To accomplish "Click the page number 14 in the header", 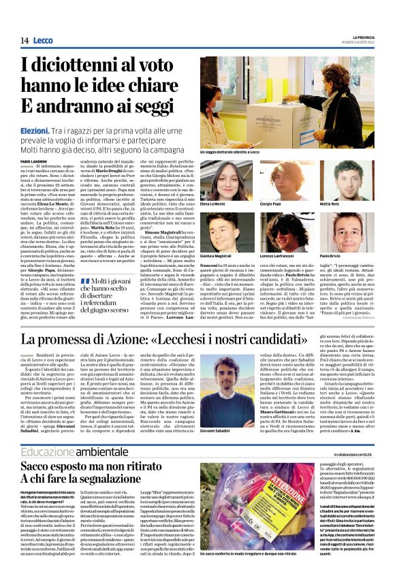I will point(24,41).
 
